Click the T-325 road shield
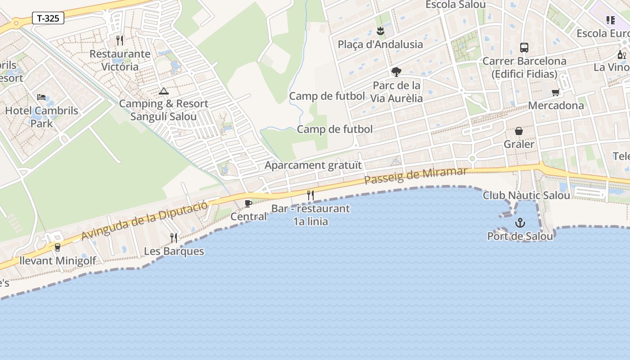(x=48, y=18)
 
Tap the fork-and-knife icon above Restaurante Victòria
(x=120, y=40)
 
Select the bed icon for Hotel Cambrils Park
(x=41, y=97)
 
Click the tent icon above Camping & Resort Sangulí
(x=164, y=91)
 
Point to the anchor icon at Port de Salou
(x=520, y=223)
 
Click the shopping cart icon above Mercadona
(x=556, y=93)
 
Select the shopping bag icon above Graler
(x=519, y=131)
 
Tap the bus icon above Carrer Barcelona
(x=524, y=47)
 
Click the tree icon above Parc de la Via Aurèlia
(x=396, y=72)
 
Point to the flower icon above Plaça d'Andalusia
(x=380, y=31)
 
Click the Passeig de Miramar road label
(x=416, y=175)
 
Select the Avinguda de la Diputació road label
(x=144, y=220)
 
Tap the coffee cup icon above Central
(x=248, y=203)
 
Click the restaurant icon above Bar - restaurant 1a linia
(x=310, y=195)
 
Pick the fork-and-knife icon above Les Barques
(x=174, y=238)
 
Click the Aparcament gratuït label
(x=313, y=165)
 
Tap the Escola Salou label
(x=455, y=4)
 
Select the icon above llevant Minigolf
(x=57, y=247)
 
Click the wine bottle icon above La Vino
(x=622, y=55)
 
